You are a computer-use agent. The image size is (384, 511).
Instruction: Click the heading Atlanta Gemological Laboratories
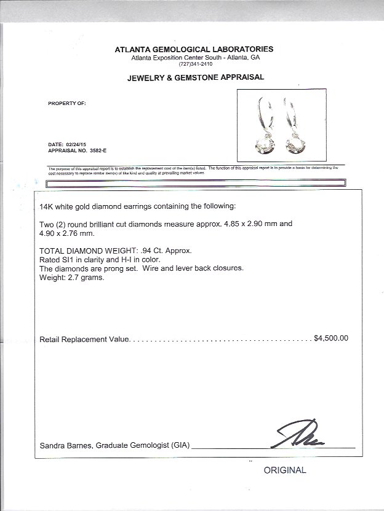(x=194, y=49)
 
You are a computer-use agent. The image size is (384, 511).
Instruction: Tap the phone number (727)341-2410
(x=194, y=64)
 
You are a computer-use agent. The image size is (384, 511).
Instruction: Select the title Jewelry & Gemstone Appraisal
(x=195, y=77)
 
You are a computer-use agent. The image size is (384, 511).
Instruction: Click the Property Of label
(x=67, y=103)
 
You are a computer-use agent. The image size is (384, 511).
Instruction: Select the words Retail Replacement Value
(x=85, y=339)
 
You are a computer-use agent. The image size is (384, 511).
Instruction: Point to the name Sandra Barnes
(x=66, y=445)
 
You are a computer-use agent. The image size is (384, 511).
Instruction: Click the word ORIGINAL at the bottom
(x=284, y=470)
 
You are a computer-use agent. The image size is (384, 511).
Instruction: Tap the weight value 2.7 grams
(x=89, y=278)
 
